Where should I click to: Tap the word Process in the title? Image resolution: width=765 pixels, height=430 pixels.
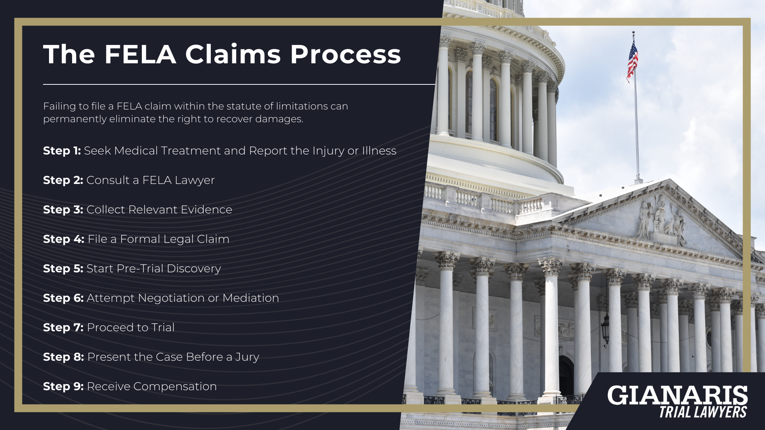point(345,54)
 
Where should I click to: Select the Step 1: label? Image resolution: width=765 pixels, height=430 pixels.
point(62,151)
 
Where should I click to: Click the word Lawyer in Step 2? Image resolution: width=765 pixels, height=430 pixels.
point(194,180)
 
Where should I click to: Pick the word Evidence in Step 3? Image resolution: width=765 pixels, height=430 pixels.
point(206,210)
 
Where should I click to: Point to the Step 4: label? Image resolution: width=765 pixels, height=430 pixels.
point(63,239)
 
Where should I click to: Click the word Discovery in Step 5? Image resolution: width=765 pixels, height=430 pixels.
point(194,269)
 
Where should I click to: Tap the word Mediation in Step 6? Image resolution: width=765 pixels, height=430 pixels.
point(251,298)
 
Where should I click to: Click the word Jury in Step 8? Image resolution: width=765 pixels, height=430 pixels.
point(247,357)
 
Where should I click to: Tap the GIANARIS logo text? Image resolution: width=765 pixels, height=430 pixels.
point(677,395)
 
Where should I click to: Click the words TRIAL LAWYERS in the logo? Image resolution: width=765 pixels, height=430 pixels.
point(703,412)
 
